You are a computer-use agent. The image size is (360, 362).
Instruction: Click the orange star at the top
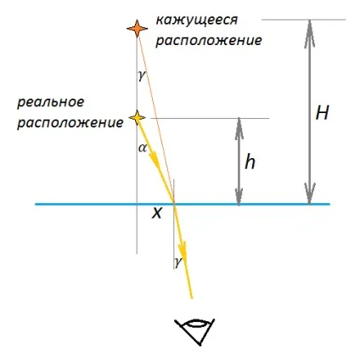click(138, 29)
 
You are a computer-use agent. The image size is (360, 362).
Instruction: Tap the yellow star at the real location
click(138, 118)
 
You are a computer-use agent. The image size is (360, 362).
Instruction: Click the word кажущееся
click(197, 20)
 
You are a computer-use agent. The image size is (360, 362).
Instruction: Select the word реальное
click(51, 103)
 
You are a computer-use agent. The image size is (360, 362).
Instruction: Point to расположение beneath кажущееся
click(209, 41)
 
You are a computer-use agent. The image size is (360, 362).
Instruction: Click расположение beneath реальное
click(70, 123)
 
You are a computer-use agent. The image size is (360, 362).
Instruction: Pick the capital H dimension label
click(322, 113)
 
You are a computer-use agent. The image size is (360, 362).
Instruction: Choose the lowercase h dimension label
click(250, 162)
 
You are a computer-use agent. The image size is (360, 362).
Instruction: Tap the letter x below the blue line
click(156, 213)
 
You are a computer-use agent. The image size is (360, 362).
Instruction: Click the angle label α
click(143, 148)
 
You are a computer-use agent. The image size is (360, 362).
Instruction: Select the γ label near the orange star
click(142, 76)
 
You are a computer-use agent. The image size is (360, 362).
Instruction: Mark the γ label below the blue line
click(177, 262)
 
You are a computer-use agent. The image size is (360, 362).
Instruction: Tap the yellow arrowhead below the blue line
click(183, 249)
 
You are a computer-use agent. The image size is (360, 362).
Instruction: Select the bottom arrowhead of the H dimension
click(310, 193)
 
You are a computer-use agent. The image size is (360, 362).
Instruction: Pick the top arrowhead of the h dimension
click(239, 129)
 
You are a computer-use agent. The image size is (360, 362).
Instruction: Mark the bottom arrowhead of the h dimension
click(239, 194)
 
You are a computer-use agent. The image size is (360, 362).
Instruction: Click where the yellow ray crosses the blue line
click(174, 204)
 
